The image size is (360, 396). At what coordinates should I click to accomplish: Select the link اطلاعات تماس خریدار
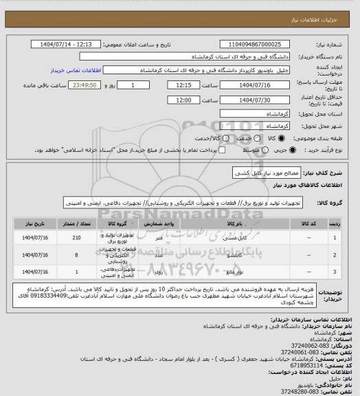point(76,71)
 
